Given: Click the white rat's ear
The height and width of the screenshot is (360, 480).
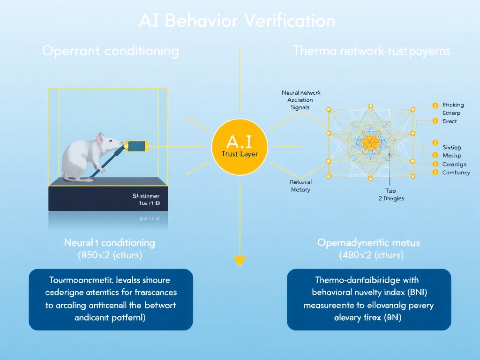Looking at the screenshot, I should (x=100, y=137).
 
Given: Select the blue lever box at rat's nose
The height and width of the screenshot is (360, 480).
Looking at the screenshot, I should (x=137, y=146).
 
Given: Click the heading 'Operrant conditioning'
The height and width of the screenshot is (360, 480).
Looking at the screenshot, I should (x=110, y=51).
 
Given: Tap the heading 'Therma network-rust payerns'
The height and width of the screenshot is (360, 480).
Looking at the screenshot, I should (x=371, y=51).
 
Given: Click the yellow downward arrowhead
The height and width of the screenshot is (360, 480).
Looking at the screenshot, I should (x=240, y=261).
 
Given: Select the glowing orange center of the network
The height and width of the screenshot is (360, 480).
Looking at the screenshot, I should (x=370, y=142).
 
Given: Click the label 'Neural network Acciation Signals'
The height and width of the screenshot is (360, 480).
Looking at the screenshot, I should (x=300, y=100).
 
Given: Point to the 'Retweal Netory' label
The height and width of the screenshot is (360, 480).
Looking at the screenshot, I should (x=300, y=186).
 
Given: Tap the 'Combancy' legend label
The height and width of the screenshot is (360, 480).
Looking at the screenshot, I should (x=456, y=172).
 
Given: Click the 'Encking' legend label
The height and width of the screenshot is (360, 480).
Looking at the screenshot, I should (x=453, y=105).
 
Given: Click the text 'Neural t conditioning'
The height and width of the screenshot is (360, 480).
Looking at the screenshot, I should (x=109, y=243).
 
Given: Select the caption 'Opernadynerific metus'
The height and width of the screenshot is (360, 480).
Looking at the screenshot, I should (x=368, y=243).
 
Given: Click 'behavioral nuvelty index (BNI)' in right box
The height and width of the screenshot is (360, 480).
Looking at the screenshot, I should (x=368, y=292).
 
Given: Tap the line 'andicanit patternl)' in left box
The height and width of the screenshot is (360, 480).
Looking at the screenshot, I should (x=111, y=317).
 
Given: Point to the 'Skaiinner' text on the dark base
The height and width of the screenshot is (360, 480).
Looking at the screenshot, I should (x=146, y=196).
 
